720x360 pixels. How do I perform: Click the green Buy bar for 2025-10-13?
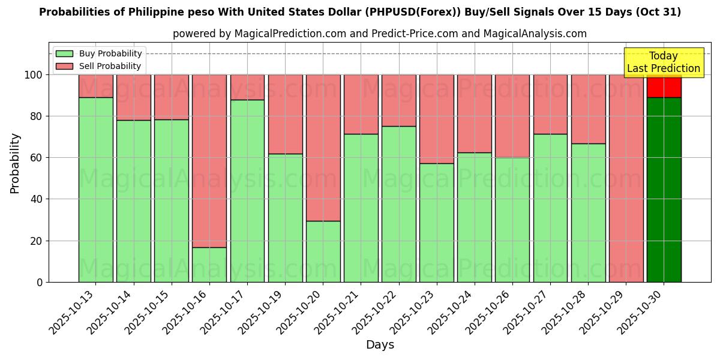[x=95, y=190]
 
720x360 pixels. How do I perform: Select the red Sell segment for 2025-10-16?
[x=209, y=161]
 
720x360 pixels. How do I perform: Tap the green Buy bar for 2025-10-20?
[x=323, y=251]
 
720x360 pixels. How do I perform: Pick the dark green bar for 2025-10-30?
[x=664, y=190]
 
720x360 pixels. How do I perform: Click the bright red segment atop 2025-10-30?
[x=664, y=86]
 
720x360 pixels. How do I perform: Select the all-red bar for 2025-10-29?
[x=626, y=178]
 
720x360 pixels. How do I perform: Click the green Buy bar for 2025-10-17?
[x=247, y=191]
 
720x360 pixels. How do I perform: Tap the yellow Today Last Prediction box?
[x=664, y=62]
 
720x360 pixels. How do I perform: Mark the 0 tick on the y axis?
[x=40, y=282]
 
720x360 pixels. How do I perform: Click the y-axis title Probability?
[x=15, y=163]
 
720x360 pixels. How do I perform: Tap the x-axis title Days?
[x=380, y=345]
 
